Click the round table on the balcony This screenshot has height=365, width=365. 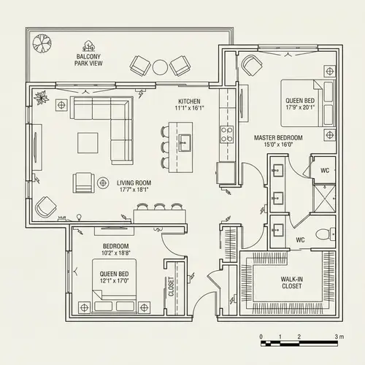tap(160, 67)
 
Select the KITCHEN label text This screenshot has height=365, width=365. tap(190, 101)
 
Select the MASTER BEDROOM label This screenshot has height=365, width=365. tap(279, 137)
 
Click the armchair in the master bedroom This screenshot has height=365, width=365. tap(253, 66)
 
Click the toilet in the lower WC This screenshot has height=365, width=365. tap(323, 235)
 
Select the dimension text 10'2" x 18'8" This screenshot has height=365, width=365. tap(116, 253)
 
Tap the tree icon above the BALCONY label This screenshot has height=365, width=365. tap(89, 45)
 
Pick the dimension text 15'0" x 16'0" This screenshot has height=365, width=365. tap(279, 145)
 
